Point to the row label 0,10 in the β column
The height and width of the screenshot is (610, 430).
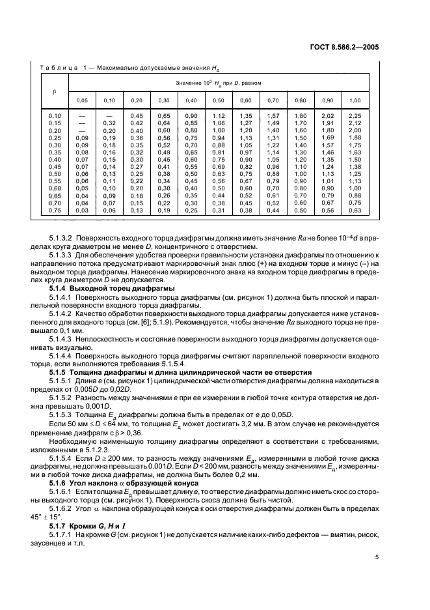coord(55,115)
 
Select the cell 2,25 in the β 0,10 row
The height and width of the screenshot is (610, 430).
coord(355,115)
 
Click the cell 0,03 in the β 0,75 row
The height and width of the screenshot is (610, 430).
coord(83,210)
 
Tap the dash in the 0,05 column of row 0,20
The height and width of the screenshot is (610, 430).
coord(83,130)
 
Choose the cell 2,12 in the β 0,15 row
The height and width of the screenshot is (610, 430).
coord(355,123)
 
